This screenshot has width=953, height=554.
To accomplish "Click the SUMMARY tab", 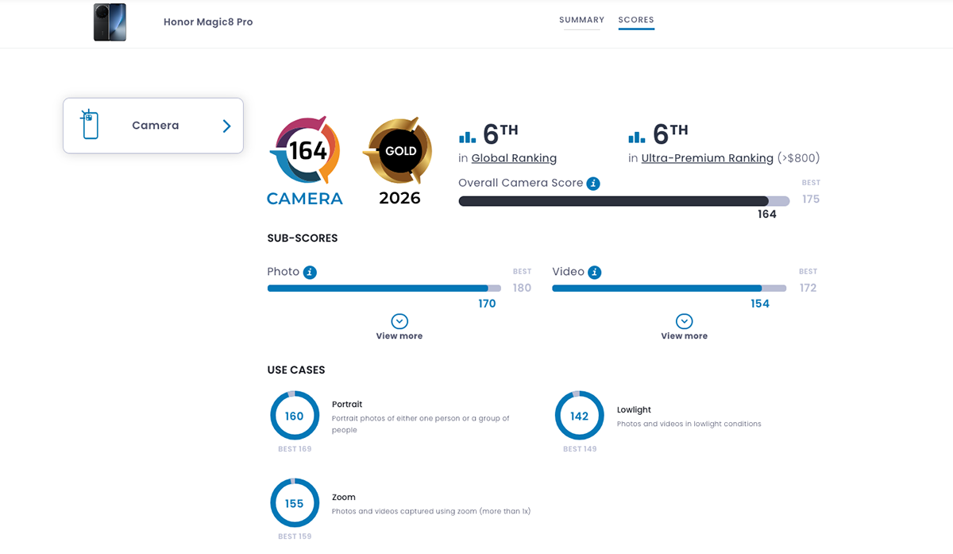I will point(581,20).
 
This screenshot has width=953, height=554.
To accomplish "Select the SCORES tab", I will point(636,20).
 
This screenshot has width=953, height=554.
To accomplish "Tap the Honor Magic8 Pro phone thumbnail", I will point(110,22).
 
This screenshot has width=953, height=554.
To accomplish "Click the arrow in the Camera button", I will point(227,126).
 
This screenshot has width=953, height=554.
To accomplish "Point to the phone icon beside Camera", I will point(89,125).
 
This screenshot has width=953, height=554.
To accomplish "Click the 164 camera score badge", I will point(306,151).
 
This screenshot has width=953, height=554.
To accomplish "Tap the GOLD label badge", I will point(399,151).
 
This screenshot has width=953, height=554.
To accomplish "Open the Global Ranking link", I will point(514,158).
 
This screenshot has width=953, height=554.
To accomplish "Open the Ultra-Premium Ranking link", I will point(707,158).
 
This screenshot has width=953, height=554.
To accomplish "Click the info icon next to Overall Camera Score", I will point(593,184).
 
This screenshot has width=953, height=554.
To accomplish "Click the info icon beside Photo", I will point(310,272).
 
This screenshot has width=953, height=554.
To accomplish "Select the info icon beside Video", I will point(595,272).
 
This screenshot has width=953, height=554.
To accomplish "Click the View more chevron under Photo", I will point(399,321).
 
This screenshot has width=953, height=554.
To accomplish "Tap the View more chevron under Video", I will point(684,321).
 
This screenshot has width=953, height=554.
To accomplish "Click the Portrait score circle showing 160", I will point(295,416).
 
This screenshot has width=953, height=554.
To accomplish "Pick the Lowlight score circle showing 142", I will point(579,416).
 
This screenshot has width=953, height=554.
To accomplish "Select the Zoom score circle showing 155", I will point(295,503).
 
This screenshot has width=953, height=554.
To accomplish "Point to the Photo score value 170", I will point(487,304).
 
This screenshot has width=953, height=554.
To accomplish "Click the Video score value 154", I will point(759,304).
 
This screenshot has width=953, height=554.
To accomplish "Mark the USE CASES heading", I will point(296,370).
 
